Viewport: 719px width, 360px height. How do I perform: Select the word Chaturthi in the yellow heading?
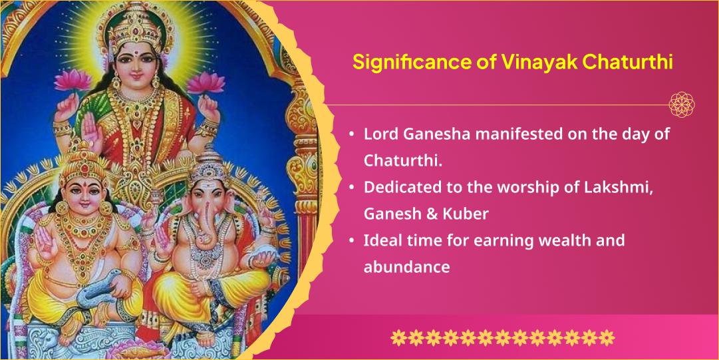(x=628, y=63)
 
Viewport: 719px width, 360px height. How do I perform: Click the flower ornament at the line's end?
(x=682, y=104)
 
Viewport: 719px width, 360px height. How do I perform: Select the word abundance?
(x=407, y=267)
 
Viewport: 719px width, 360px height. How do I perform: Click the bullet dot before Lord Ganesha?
(x=351, y=134)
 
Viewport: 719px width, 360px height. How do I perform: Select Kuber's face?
(x=82, y=193)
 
